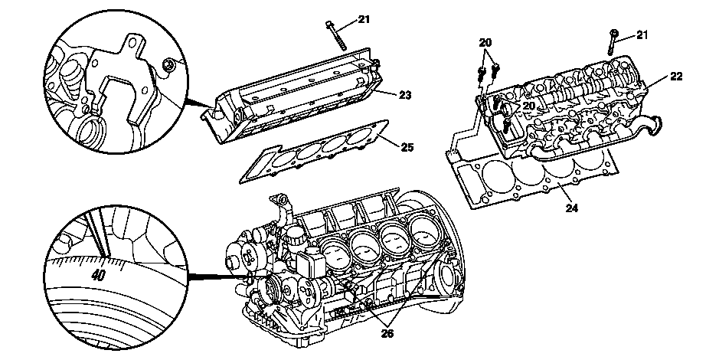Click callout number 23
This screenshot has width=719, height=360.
tap(404, 96)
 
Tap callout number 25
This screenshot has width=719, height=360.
tap(407, 147)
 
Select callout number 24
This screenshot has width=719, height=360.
tap(571, 208)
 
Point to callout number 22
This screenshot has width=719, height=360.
tap(676, 77)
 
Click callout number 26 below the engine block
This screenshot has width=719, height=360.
tap(387, 333)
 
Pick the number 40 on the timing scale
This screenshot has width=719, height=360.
tap(98, 275)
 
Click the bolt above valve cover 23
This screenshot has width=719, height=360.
tap(336, 35)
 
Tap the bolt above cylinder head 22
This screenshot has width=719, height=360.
tap(613, 43)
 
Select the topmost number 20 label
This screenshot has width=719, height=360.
tap(485, 43)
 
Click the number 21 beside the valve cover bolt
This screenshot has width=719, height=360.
tap(364, 19)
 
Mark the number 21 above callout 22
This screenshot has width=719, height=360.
tap(642, 35)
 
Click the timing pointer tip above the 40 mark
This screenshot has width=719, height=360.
tap(104, 256)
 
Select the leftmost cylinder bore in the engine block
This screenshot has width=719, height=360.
tap(335, 254)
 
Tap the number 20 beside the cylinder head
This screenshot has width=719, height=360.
tap(529, 106)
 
